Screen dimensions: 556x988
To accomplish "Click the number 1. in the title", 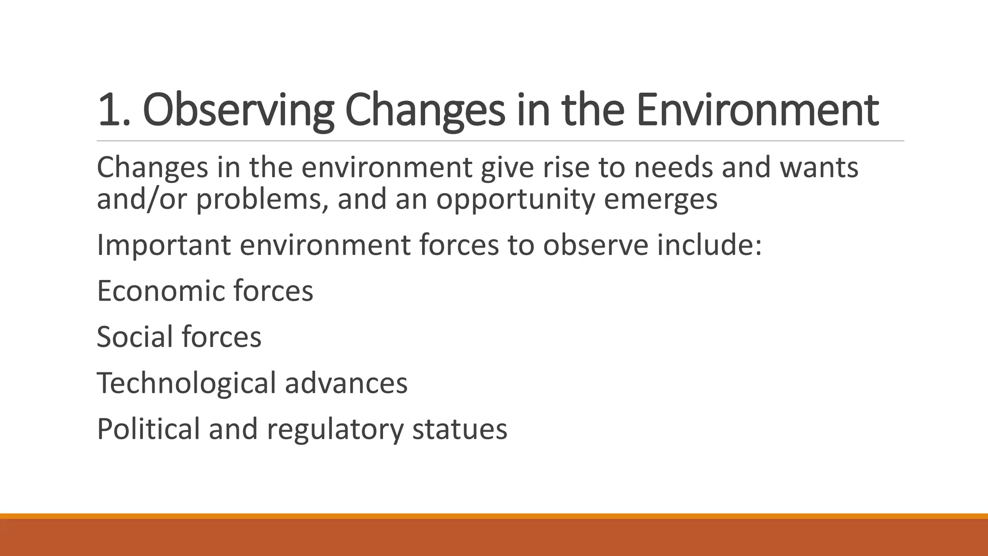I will [x=113, y=111].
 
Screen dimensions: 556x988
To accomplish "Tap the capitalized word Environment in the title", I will [x=757, y=111].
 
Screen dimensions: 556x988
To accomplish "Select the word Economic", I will [x=160, y=291].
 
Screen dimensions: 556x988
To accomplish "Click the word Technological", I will [x=186, y=383].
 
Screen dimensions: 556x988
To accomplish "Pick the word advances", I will [x=346, y=383].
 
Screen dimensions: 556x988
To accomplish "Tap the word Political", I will [x=148, y=429].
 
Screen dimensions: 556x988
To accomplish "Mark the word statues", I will [x=460, y=429].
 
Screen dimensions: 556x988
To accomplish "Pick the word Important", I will [x=164, y=245].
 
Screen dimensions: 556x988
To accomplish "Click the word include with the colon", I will [x=709, y=245].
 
